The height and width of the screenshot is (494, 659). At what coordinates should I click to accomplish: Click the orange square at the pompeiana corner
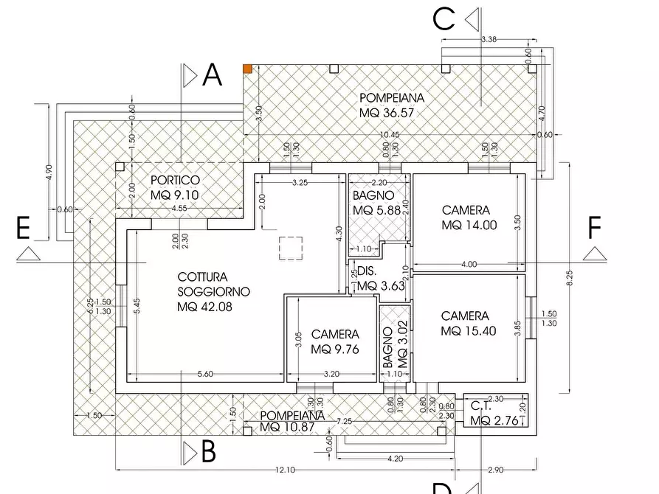tap(248, 69)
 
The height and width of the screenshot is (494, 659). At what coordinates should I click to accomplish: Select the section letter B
tap(208, 450)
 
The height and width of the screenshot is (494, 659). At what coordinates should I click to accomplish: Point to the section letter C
tap(444, 18)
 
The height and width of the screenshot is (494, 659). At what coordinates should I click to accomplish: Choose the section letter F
tap(594, 229)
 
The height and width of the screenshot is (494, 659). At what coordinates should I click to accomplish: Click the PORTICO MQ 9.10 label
tap(175, 187)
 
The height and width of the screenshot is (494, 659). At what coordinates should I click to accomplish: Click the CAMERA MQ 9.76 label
tap(335, 341)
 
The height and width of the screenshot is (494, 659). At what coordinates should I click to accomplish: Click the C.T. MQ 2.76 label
tap(491, 413)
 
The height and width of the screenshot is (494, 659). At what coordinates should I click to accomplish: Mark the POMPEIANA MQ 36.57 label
tap(392, 105)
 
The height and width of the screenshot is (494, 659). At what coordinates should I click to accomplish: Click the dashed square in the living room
tap(291, 248)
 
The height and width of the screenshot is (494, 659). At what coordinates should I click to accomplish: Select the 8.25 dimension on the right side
tap(569, 278)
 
